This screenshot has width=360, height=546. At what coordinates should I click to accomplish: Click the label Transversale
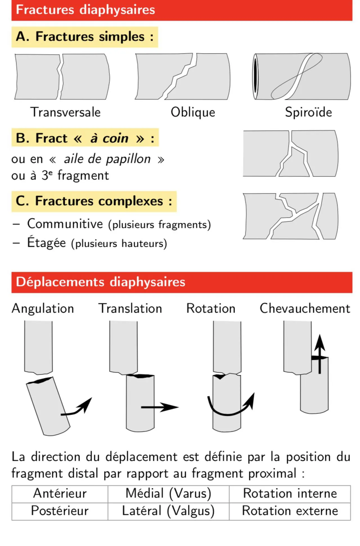click(65, 112)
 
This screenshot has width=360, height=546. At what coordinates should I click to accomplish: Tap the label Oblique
click(193, 112)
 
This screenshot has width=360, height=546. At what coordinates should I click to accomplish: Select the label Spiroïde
click(309, 112)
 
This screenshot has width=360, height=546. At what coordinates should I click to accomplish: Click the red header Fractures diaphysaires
click(182, 10)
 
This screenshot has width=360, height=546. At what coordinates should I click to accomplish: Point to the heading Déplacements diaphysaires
click(182, 282)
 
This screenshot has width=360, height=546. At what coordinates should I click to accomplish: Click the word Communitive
click(65, 224)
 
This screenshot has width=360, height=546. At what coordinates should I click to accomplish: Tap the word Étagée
click(46, 242)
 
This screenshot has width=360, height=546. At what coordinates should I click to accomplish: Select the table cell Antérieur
click(60, 494)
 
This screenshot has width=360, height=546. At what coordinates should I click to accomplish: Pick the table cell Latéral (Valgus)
click(168, 511)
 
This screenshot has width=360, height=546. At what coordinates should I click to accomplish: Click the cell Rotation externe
click(290, 511)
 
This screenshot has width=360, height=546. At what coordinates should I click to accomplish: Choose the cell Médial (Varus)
click(168, 494)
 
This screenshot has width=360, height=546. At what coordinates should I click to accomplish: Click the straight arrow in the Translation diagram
click(160, 407)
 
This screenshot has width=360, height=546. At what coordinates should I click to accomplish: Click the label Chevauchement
click(305, 308)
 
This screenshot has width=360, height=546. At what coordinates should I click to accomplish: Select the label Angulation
click(43, 309)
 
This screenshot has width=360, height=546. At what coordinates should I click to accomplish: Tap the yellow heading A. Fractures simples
click(85, 37)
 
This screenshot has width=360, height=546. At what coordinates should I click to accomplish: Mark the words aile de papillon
click(107, 159)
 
